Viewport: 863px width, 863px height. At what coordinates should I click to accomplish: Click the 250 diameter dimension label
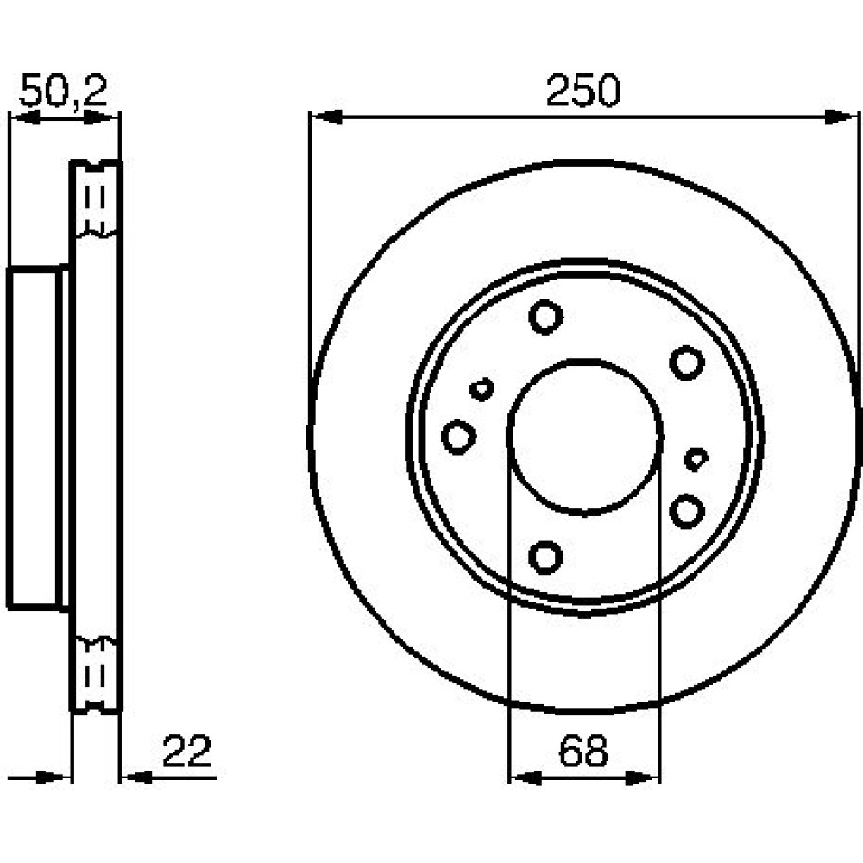583,91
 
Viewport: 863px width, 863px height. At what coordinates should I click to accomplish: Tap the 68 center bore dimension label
583,751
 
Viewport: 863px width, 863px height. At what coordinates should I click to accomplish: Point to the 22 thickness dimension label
187,751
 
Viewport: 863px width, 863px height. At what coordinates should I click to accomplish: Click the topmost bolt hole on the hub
545,317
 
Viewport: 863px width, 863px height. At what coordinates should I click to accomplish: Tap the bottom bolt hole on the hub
545,557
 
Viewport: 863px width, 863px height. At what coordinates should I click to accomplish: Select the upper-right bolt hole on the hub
687,362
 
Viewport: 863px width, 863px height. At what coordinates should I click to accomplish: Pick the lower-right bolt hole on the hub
687,511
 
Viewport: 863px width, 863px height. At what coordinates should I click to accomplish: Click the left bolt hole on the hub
458,437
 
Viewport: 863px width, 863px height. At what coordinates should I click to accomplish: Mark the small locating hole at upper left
482,389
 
